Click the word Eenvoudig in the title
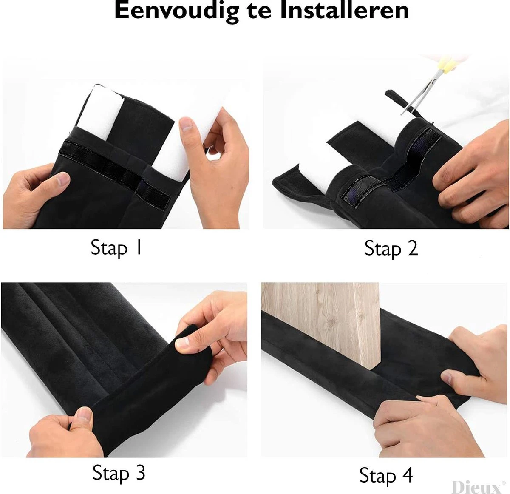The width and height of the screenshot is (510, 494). pos(176,12)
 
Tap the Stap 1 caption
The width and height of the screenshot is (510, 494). pos(116,248)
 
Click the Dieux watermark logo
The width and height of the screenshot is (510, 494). pos(477,487)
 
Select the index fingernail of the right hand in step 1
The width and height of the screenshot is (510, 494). pos(187,124)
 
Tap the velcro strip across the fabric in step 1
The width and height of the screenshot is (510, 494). pos(115,168)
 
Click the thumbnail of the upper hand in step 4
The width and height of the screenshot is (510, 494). pos(447,378)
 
